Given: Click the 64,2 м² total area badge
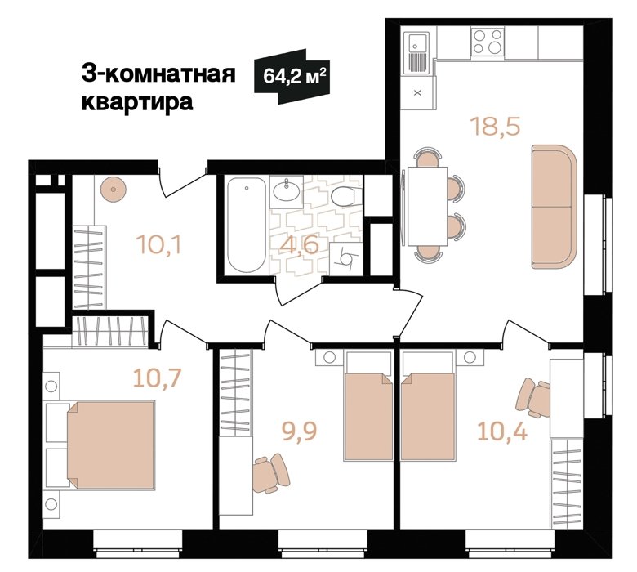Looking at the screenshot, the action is pyautogui.click(x=292, y=76).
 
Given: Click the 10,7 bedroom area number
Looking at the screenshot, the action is pyautogui.click(x=158, y=378).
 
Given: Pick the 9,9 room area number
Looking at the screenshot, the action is pyautogui.click(x=299, y=431).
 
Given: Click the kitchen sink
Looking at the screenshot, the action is pyautogui.click(x=417, y=51).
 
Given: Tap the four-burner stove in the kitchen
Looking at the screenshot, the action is pyautogui.click(x=488, y=42).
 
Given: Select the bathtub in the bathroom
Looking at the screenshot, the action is pyautogui.click(x=246, y=226).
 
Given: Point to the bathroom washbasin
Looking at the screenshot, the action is pyautogui.click(x=287, y=190).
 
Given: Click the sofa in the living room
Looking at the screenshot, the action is pyautogui.click(x=555, y=207).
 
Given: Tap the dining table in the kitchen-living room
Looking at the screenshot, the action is pyautogui.click(x=427, y=206).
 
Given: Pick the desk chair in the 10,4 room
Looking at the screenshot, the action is pyautogui.click(x=533, y=398).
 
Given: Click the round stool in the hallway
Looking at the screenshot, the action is pyautogui.click(x=114, y=190).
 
